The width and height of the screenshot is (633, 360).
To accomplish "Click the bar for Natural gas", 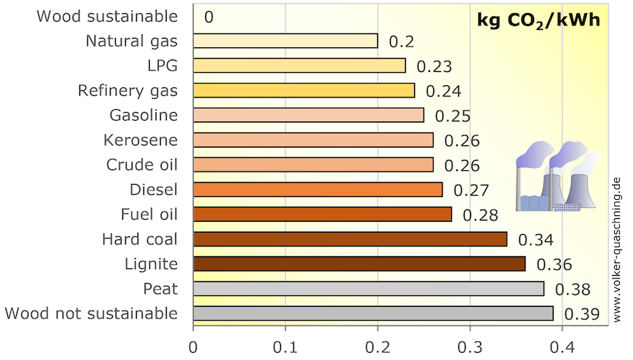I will point(285,41).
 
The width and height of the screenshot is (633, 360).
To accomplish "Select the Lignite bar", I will point(359,264).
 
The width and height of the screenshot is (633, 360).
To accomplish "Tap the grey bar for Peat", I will point(368,289).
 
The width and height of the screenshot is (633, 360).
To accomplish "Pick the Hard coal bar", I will point(350,239).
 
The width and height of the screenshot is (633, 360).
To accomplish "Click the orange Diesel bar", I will point(317,190).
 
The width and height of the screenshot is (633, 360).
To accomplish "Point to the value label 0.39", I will point(582,314).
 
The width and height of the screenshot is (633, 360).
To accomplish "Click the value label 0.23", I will point(434,66).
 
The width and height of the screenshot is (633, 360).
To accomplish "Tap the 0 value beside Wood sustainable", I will point(209,17).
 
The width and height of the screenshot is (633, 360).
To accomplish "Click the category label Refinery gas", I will point(127,90).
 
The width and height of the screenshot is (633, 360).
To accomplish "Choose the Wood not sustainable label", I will point(91,313).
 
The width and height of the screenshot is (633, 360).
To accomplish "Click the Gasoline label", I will point(143,115).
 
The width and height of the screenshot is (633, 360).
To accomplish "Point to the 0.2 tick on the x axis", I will point(378,347).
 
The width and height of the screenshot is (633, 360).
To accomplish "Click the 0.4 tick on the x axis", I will point(562,347).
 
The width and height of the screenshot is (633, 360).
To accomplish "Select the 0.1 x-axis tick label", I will point(285,347).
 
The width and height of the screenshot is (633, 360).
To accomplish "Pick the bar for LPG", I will point(299,65).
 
